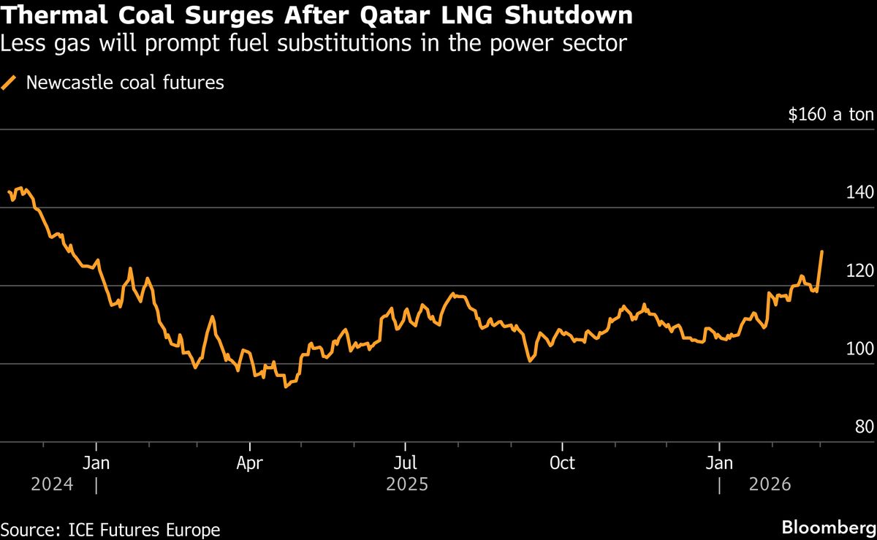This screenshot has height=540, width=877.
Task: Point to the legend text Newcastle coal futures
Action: pos(125,83)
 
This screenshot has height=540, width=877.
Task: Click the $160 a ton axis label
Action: pos(830,115)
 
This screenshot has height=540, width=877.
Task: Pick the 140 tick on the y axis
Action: pos(859,193)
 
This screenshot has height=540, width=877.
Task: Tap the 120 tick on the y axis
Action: pos(859,271)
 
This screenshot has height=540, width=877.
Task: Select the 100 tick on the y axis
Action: pos(859,349)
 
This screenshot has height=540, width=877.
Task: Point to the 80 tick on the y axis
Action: pos(864,427)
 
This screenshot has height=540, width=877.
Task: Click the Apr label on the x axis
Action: pos(250,463)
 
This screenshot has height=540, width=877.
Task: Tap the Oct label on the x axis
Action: pos(562,463)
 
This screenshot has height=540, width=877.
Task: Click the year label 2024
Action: pos(52,484)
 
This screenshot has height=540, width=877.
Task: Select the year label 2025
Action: pos(407,484)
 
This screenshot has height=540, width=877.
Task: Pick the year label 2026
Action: pos(770,484)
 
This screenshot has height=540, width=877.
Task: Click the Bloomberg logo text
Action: pos(829,528)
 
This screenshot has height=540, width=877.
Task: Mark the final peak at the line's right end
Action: pos(822,251)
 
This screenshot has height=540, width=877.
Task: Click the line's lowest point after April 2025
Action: pos(285,387)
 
